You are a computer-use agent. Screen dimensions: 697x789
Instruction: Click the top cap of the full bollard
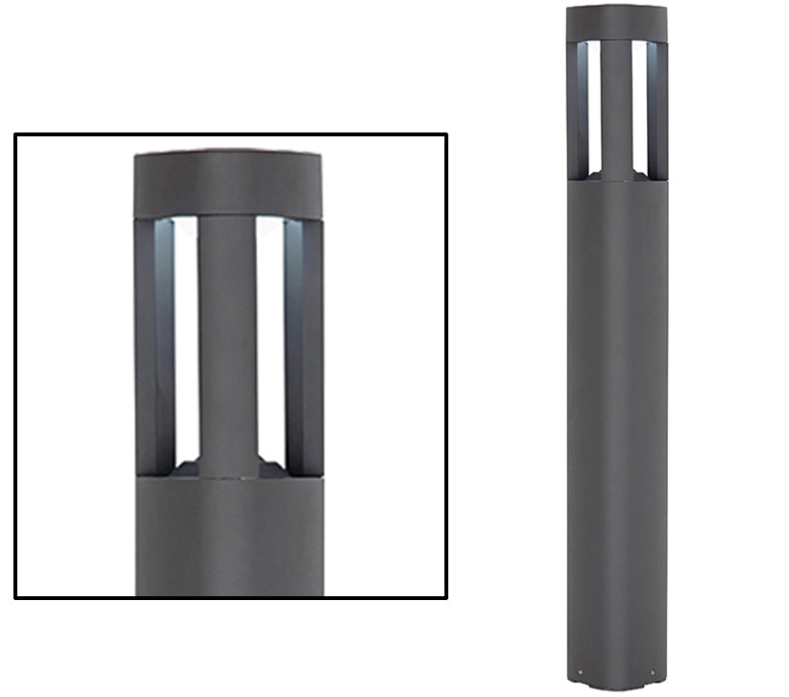pos(616,23)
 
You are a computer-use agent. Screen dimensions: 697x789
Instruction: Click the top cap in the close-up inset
pos(228,182)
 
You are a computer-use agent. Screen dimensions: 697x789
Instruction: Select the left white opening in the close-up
pos(186,336)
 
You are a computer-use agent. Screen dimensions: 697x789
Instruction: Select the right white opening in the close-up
pos(271,336)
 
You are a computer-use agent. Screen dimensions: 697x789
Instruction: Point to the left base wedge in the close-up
pos(188,469)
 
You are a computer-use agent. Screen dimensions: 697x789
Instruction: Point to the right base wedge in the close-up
pos(271,469)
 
